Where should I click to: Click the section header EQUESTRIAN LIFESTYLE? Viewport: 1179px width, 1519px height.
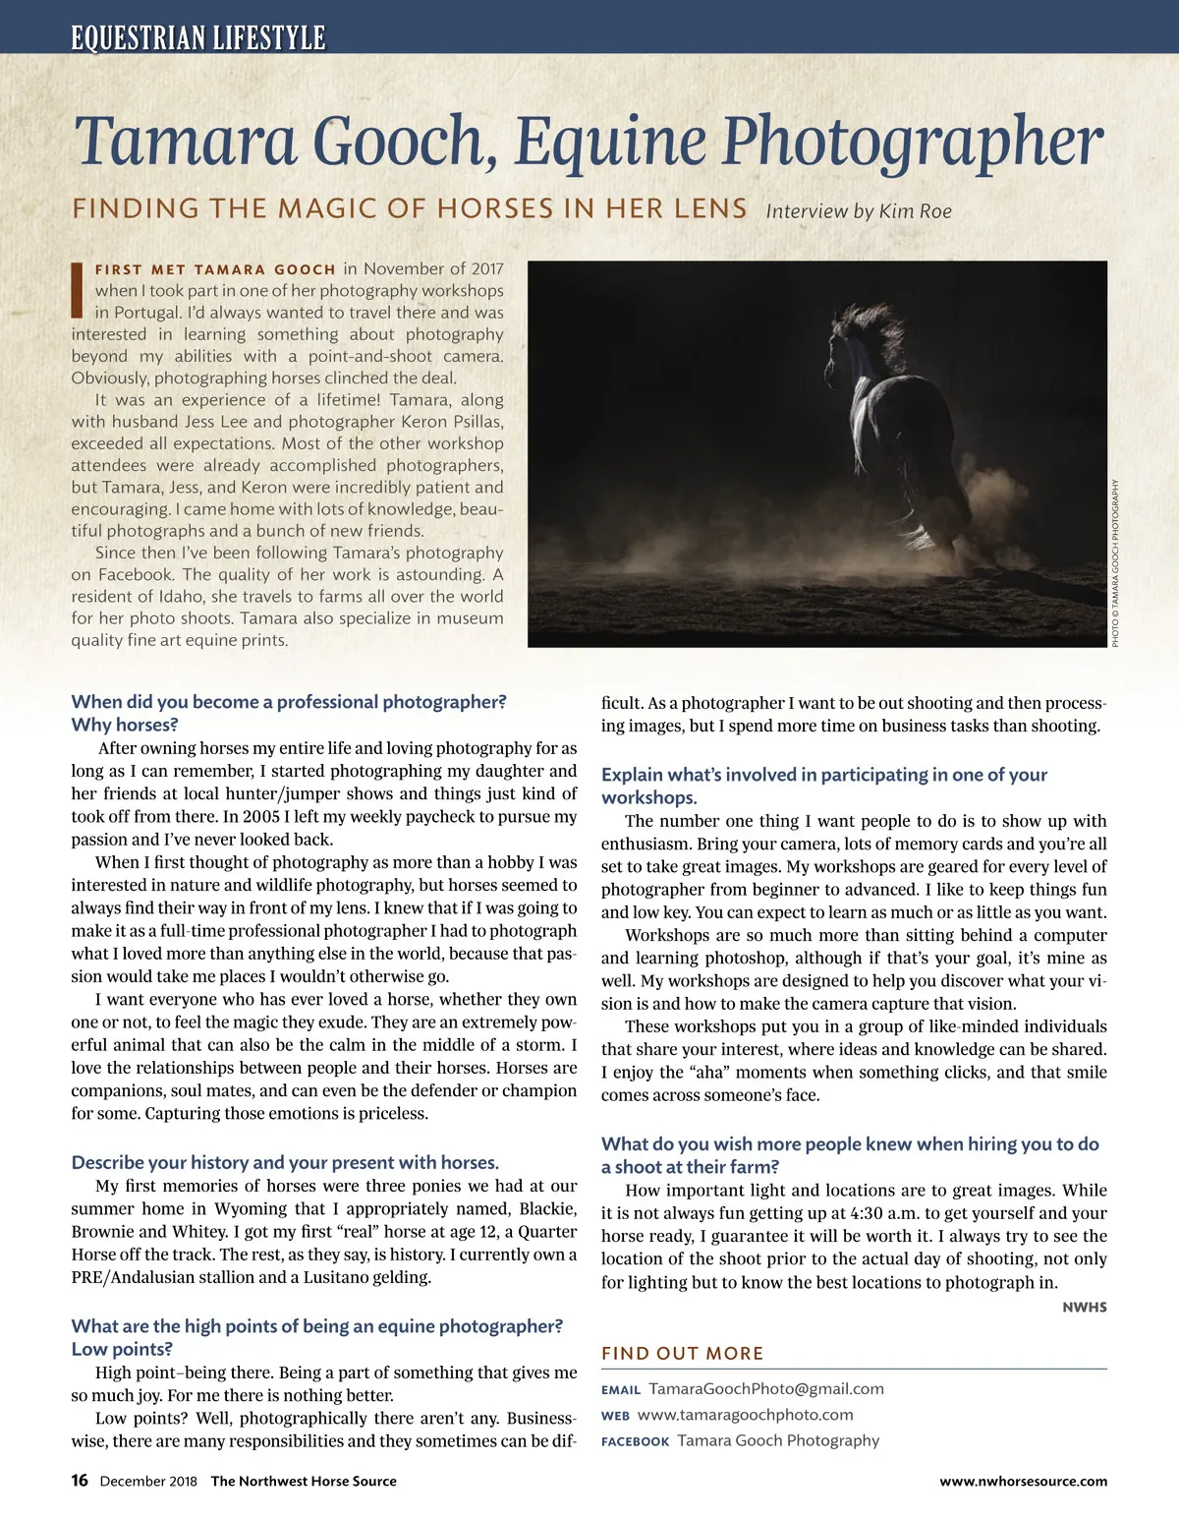pyautogui.click(x=197, y=37)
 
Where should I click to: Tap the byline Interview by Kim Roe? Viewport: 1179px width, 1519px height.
pyautogui.click(x=858, y=210)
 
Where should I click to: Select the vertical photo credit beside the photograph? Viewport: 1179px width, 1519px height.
pyautogui.click(x=1115, y=562)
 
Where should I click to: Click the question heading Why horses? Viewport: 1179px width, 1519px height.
pyautogui.click(x=125, y=725)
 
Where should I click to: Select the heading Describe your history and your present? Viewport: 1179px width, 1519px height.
pyautogui.click(x=285, y=1162)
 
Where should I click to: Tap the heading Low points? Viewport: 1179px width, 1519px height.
pyautogui.click(x=122, y=1349)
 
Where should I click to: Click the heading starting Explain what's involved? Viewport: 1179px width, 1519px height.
pyautogui.click(x=823, y=775)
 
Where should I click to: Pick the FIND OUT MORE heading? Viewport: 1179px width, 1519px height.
pyautogui.click(x=682, y=1353)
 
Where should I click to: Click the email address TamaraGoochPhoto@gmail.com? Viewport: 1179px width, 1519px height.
pyautogui.click(x=766, y=1388)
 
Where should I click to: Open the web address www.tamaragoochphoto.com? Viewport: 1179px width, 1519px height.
pyautogui.click(x=745, y=1415)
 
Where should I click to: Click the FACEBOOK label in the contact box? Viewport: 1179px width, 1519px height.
pyautogui.click(x=635, y=1441)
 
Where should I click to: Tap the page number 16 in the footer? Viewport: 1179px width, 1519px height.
pyautogui.click(x=80, y=1481)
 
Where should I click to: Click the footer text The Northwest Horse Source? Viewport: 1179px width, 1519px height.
pyautogui.click(x=304, y=1482)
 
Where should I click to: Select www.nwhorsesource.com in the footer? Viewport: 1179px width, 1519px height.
pyautogui.click(x=1023, y=1482)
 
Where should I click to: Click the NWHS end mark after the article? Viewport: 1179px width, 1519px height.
pyautogui.click(x=1085, y=1307)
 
